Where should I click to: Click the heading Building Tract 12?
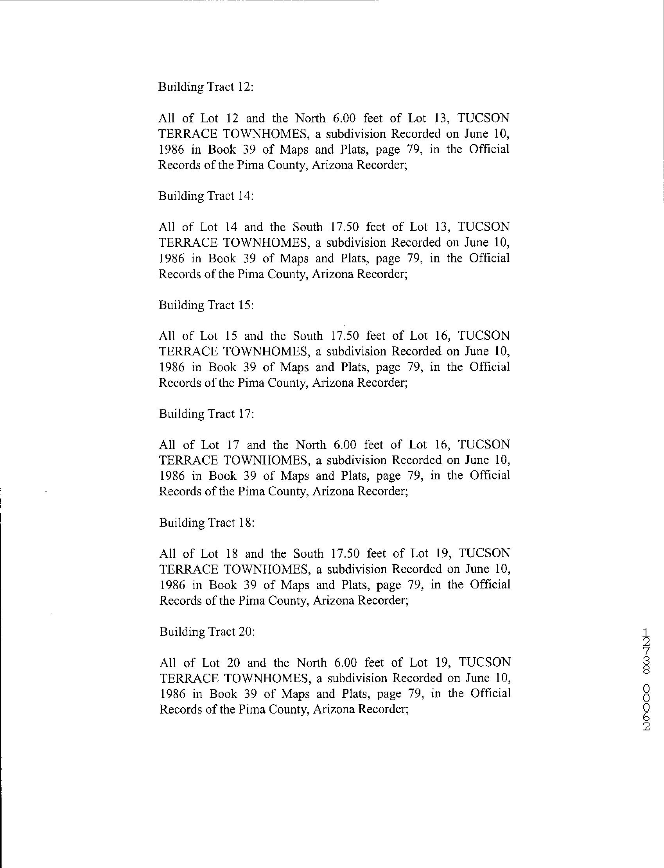pos(206,87)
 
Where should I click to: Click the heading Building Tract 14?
pos(206,196)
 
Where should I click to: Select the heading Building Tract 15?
pos(206,305)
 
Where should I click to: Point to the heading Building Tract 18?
pos(207,523)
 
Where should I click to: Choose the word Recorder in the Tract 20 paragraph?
pos(382,709)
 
